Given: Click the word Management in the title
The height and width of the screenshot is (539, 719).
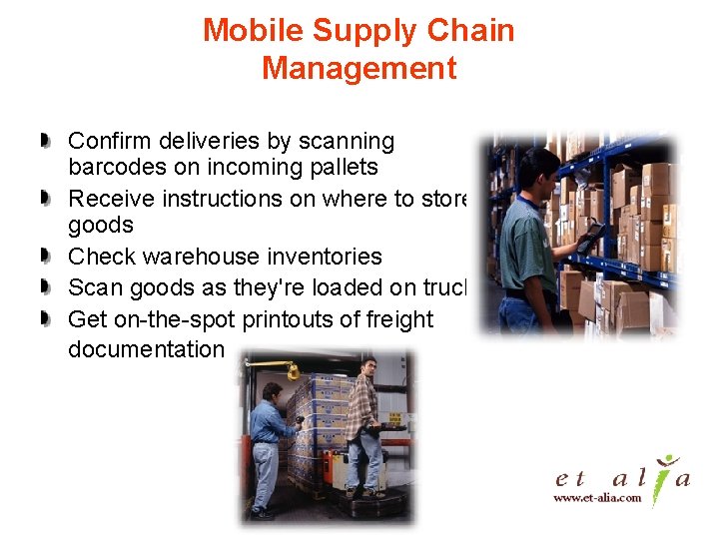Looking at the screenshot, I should [x=359, y=69].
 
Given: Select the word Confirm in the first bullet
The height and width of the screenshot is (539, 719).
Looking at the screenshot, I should [x=109, y=142].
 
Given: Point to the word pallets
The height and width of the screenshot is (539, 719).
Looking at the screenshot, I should [x=343, y=167].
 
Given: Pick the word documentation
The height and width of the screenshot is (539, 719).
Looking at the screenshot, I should [x=146, y=349].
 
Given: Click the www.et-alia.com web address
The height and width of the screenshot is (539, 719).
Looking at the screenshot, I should [x=597, y=497].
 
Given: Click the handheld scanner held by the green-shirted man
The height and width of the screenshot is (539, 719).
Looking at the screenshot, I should [x=590, y=237].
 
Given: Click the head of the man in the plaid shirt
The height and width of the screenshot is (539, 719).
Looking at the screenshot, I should [x=367, y=366].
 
